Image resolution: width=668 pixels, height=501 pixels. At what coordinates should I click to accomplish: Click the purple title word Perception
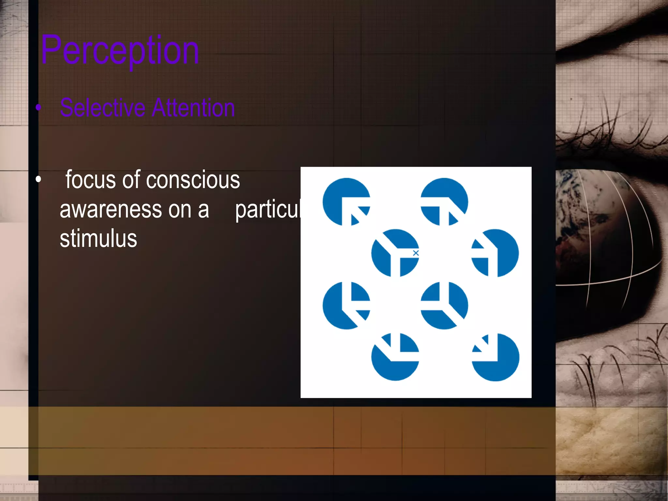[120, 51]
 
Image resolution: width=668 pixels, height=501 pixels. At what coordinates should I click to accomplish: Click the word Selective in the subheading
[102, 108]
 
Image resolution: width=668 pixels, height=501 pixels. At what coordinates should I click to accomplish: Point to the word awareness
[111, 209]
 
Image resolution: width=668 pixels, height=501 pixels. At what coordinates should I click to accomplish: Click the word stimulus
[98, 239]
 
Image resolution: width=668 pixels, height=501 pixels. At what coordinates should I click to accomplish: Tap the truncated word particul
[267, 210]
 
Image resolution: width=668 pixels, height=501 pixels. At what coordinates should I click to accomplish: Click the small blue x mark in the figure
[416, 253]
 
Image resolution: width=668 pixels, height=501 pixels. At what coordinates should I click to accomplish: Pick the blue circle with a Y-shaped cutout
[395, 253]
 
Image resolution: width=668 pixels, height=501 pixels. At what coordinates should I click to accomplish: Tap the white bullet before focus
[38, 179]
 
